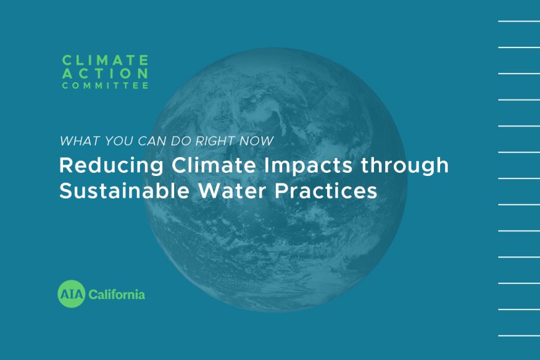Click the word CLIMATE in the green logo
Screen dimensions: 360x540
coord(105,60)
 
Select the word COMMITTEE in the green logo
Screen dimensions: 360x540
coord(105,85)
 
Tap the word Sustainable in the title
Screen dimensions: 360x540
coord(119,190)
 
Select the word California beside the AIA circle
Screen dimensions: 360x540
coord(117,293)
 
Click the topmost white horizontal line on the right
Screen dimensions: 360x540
coord(518,21)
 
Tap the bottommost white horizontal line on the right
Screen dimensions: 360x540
coord(518,336)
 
